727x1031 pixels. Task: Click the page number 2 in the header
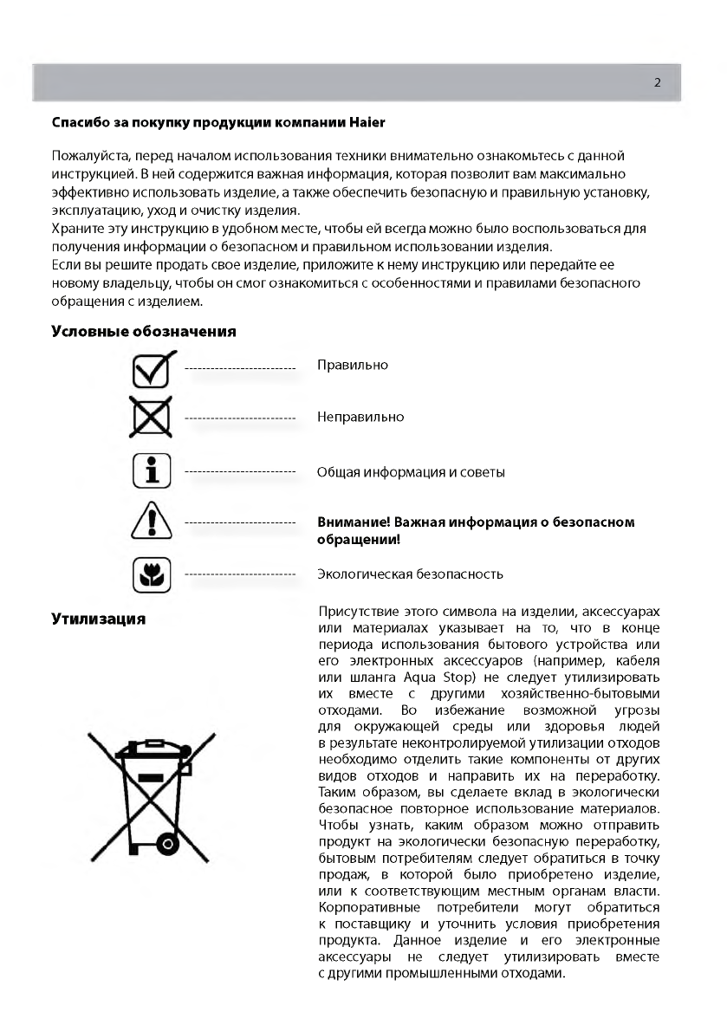[x=657, y=83]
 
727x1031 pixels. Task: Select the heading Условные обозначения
[x=144, y=331]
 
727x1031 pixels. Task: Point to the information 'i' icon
[x=151, y=470]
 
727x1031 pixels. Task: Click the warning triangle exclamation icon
[x=151, y=523]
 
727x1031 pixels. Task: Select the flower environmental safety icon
[x=151, y=574]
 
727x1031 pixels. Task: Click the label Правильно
[x=353, y=365]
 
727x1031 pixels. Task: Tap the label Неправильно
[x=360, y=417]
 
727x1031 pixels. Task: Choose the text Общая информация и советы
[x=411, y=472]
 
